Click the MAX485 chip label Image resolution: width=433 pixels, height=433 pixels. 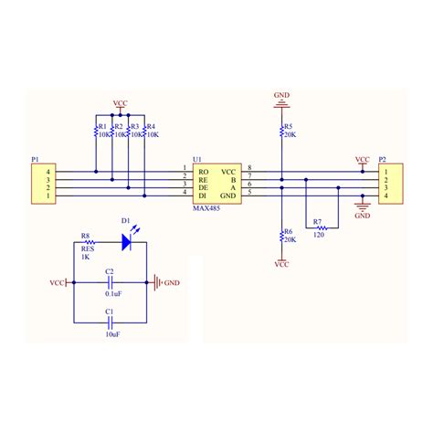pos(206,208)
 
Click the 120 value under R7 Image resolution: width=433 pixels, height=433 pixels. pos(317,237)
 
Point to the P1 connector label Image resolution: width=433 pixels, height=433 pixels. pos(36,160)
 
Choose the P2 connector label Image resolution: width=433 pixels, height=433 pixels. pos(382,159)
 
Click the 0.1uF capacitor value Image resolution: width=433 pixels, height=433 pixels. pos(111,293)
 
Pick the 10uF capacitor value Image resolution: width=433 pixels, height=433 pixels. pos(111,335)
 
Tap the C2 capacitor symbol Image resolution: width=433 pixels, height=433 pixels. pos(111,282)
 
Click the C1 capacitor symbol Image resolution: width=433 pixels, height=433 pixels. pos(111,322)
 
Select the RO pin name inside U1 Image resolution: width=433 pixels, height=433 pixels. pos(203,172)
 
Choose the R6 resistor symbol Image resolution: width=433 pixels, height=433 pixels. pos(280,238)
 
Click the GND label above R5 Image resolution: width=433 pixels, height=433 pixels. pos(281,94)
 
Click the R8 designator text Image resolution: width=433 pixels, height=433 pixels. pos(86,235)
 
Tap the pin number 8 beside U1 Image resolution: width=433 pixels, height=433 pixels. pos(250,169)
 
